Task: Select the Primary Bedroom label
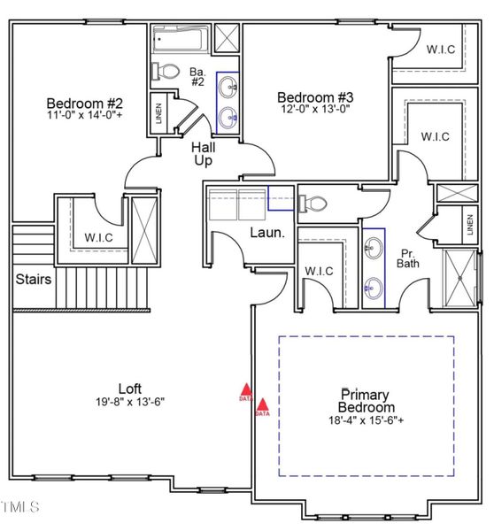(367, 400)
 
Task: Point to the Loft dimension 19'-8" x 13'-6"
(129, 401)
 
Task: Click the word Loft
(129, 388)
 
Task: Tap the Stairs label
(33, 280)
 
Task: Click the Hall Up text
(205, 155)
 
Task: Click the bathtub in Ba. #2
(180, 41)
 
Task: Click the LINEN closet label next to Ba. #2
(158, 113)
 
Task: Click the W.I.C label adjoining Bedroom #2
(97, 237)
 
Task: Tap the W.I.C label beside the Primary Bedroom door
(318, 271)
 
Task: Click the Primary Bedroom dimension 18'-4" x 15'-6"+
(367, 420)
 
